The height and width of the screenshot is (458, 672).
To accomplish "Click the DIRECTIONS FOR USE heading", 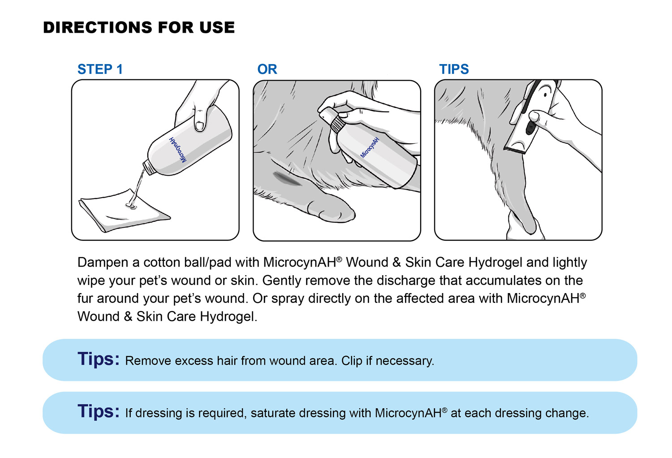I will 139,28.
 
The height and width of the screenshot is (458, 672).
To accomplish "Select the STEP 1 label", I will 100,69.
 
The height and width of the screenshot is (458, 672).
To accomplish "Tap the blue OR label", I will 267,69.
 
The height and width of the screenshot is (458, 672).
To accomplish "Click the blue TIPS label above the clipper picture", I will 454,69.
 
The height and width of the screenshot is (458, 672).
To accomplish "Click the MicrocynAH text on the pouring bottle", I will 178,149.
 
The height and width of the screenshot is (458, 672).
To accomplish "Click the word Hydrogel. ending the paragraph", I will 228,317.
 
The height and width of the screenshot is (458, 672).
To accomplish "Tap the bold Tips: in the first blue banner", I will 99,359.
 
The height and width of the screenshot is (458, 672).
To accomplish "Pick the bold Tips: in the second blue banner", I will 99,411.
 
